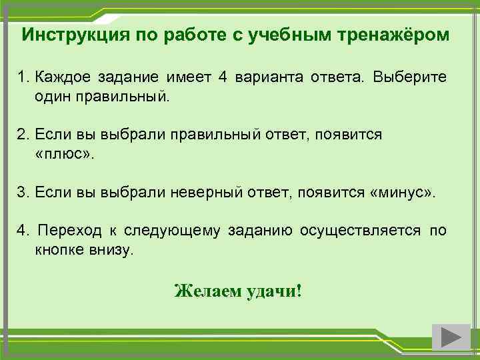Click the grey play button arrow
pos(451,337)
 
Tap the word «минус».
pos(402,193)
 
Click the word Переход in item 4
pos(69,231)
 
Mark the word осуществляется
pos(361,231)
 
